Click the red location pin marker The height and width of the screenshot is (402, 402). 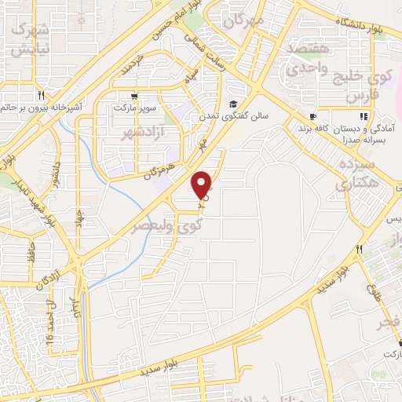click(203, 184)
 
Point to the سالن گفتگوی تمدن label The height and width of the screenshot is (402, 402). click(232, 115)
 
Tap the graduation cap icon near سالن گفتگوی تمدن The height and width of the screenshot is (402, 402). click(233, 104)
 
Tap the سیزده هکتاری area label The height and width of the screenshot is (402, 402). click(357, 174)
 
